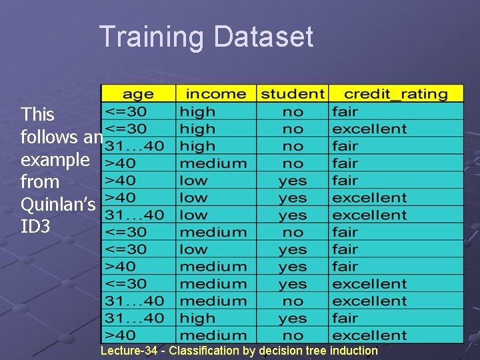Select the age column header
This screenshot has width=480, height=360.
[138, 94]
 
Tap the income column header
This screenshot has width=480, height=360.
[215, 94]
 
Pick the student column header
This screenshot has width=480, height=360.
[293, 94]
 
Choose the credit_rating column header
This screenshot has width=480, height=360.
[396, 94]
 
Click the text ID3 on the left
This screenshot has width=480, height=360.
[35, 227]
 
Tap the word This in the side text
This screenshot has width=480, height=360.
[37, 114]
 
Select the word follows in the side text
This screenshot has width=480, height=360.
[49, 137]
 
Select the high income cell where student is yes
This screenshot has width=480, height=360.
[197, 319]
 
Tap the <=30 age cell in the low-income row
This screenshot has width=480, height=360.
[127, 249]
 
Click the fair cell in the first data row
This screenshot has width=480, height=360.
[345, 111]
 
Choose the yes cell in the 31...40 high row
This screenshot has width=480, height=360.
[293, 319]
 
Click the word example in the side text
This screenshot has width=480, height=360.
[55, 159]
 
